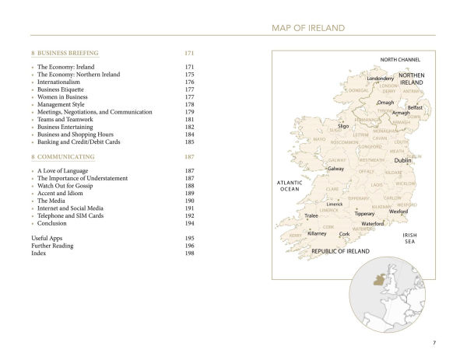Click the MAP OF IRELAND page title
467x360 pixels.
[x=307, y=28]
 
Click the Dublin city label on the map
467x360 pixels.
[x=402, y=160]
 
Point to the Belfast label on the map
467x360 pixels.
[x=415, y=107]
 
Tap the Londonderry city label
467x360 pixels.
[x=381, y=79]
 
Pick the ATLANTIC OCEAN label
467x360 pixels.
[x=289, y=185]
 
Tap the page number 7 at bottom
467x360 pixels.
[x=434, y=343]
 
